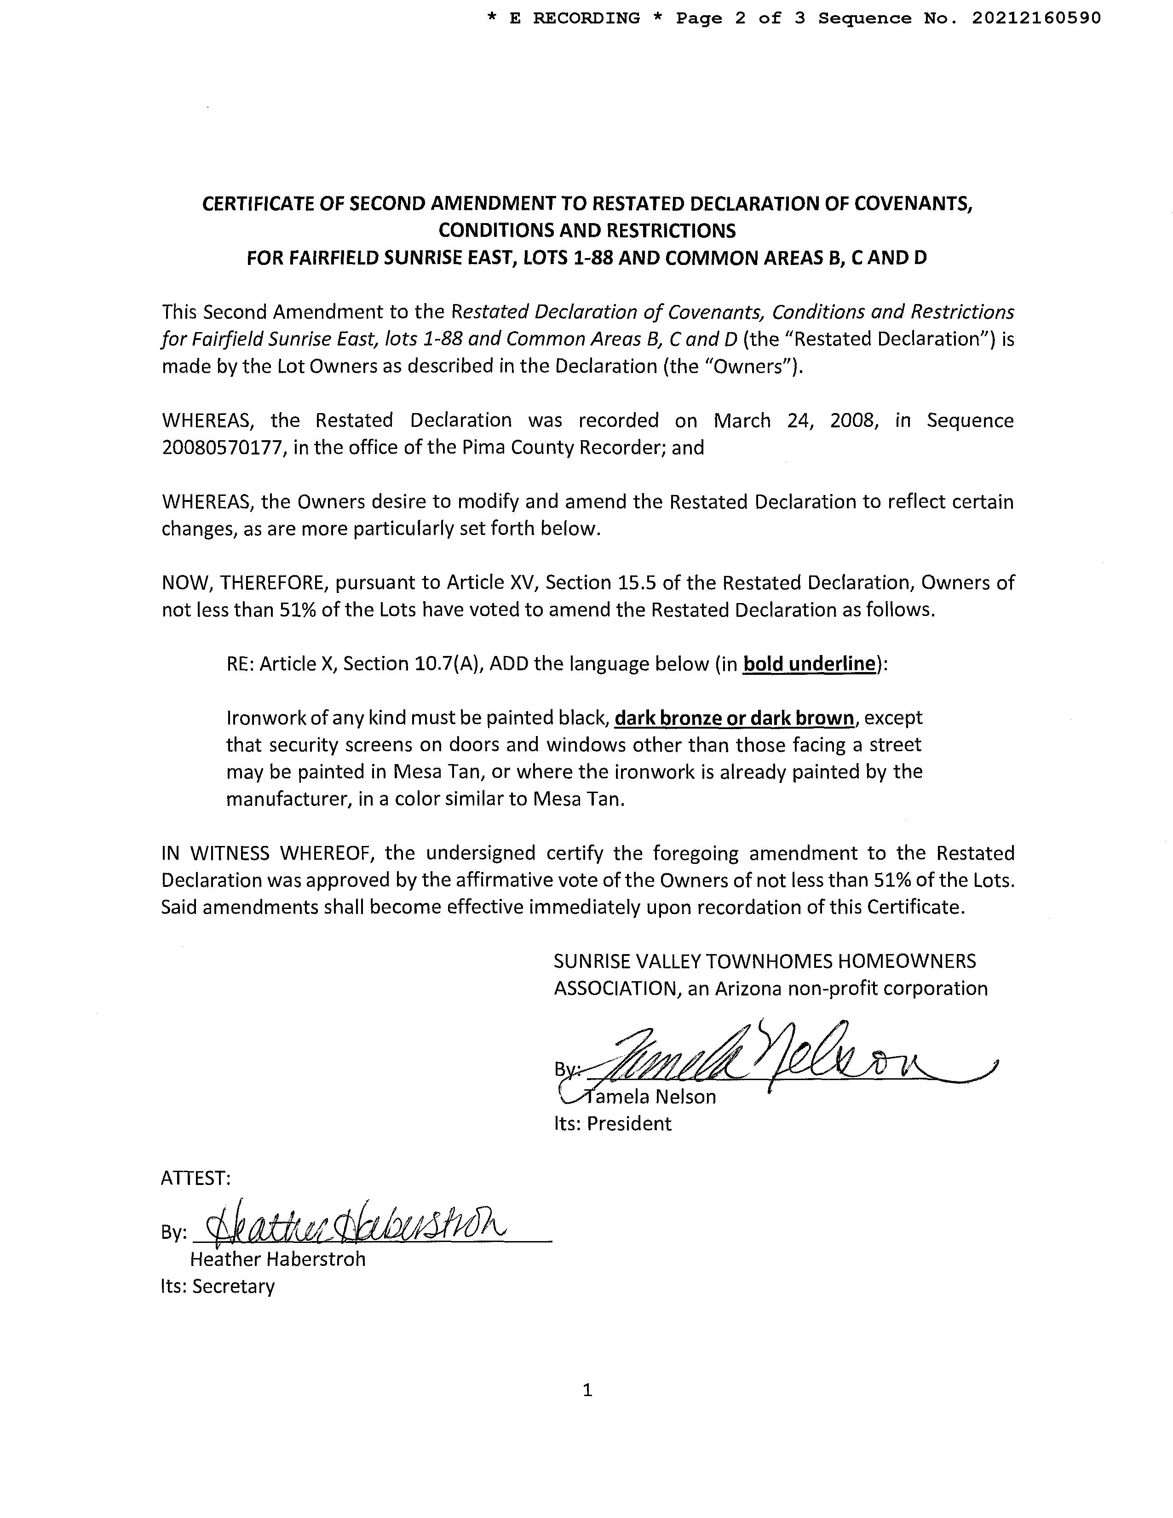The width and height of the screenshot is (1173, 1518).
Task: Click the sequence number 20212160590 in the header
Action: (1036, 18)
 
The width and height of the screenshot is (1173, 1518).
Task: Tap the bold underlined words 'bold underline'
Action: (809, 664)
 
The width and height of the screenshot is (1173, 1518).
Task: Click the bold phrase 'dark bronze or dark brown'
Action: (735, 718)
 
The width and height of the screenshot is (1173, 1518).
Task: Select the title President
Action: (629, 1124)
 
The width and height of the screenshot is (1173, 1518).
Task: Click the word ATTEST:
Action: (195, 1178)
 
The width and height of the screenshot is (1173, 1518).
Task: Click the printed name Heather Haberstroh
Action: (277, 1259)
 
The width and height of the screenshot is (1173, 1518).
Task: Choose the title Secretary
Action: (234, 1287)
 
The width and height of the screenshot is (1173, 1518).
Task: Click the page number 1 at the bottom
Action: (587, 1390)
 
